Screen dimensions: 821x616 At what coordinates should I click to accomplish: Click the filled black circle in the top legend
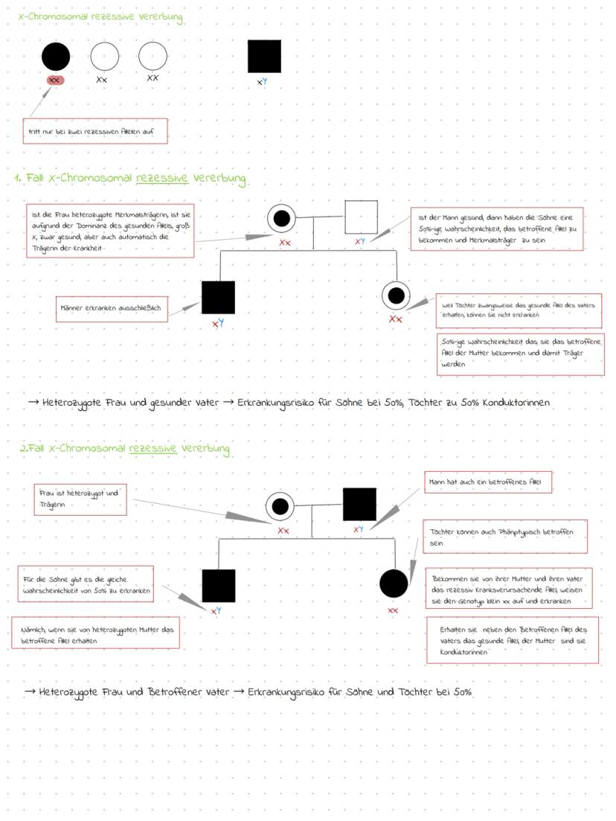[56, 57]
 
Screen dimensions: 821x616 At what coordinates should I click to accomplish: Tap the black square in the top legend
[264, 57]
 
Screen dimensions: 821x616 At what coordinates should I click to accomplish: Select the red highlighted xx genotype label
[54, 80]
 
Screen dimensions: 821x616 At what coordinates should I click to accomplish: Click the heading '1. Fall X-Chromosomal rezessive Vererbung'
[130, 179]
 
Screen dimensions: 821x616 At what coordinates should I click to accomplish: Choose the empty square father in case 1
[361, 217]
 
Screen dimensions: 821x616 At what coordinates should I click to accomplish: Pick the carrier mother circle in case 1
[282, 218]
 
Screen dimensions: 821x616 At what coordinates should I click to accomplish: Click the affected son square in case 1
[218, 298]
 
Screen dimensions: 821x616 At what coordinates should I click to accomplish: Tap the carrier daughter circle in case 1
[396, 296]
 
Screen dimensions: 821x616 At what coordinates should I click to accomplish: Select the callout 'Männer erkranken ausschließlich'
[112, 307]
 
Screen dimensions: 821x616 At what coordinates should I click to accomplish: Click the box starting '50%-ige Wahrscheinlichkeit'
[520, 354]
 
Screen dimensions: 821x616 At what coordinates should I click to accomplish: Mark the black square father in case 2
[359, 504]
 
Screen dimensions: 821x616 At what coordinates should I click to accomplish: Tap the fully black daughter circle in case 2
[394, 583]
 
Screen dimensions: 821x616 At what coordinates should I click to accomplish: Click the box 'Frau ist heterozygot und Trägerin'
[80, 499]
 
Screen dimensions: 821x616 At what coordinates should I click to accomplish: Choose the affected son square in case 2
[219, 586]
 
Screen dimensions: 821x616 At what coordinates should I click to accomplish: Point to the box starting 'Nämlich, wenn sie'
[95, 633]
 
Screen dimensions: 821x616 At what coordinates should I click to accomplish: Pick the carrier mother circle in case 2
[280, 506]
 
